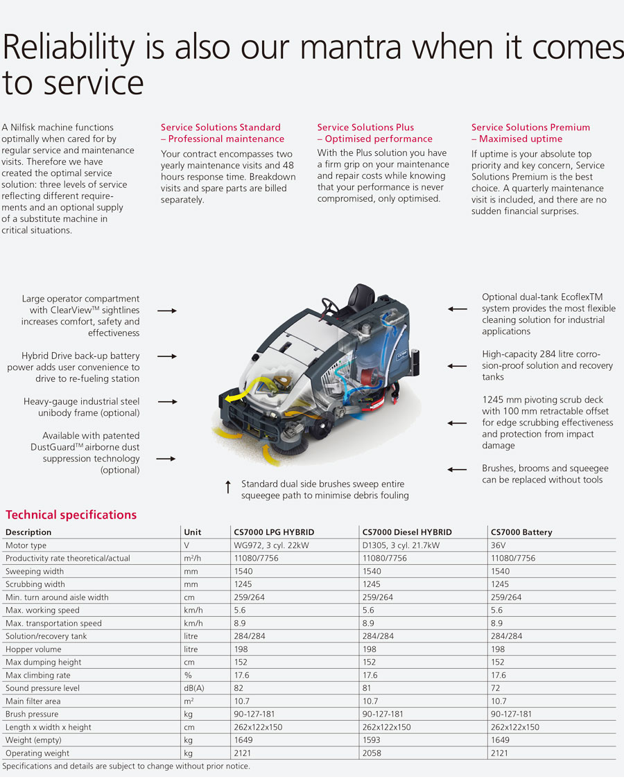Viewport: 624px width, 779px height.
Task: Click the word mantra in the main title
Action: (x=350, y=48)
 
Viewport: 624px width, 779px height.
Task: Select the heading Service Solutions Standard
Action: (x=220, y=128)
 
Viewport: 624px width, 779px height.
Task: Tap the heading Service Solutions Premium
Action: (x=530, y=128)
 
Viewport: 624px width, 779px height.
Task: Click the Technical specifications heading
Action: (x=71, y=515)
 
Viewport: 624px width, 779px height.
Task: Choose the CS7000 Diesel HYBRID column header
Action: (x=407, y=532)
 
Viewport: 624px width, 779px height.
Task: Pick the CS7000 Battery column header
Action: (x=521, y=532)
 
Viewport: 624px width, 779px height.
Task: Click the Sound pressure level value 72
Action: (x=495, y=688)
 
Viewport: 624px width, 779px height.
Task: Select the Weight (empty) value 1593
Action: (x=372, y=739)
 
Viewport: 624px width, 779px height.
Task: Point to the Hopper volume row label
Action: (x=33, y=649)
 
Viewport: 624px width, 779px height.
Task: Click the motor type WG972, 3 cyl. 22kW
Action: (x=271, y=545)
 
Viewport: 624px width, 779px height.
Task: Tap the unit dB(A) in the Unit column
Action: (x=193, y=688)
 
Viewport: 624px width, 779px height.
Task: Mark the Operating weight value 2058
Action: (x=372, y=753)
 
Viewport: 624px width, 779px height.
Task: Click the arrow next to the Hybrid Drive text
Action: (x=167, y=356)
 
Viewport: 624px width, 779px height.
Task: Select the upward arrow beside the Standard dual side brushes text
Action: (x=228, y=487)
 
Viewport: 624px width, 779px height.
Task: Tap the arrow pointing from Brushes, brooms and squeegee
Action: (x=457, y=469)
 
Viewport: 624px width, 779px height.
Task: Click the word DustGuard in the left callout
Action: (x=53, y=447)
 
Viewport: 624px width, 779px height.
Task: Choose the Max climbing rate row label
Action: (x=37, y=675)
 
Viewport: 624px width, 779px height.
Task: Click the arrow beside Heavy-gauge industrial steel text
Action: (x=167, y=401)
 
